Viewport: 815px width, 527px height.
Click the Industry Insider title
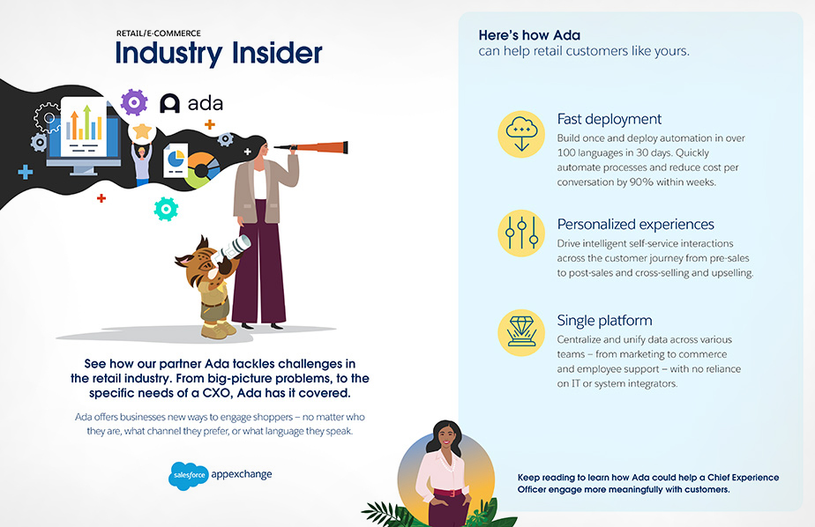[x=219, y=53]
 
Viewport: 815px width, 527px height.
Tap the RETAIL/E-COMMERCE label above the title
[x=159, y=33]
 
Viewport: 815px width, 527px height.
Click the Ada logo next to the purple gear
[x=191, y=103]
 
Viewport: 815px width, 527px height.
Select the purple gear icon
[x=134, y=101]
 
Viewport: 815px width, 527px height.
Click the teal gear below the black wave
[x=167, y=209]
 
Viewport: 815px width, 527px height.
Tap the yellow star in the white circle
[x=142, y=130]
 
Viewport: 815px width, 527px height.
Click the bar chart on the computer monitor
[x=84, y=122]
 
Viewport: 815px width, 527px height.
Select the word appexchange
[x=242, y=474]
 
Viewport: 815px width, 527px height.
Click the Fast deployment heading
[x=609, y=120]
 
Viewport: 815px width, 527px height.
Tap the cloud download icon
[x=521, y=134]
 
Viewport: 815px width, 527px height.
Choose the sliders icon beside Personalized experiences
[x=521, y=234]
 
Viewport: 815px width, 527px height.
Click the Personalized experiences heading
[x=636, y=225]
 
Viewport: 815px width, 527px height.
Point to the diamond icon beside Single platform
[x=521, y=332]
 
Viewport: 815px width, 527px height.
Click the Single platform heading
[x=604, y=321]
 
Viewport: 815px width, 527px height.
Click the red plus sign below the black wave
[x=101, y=197]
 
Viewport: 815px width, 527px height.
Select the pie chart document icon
[x=176, y=160]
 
